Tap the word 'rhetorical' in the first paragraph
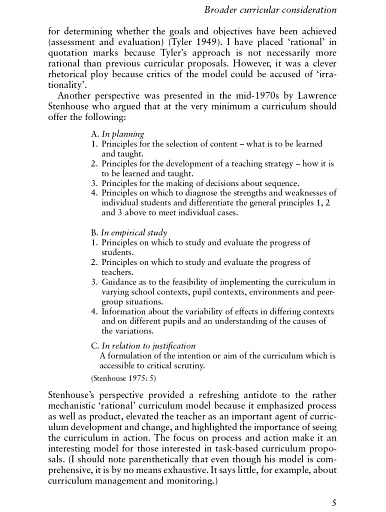pyautogui.click(x=80, y=73)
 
